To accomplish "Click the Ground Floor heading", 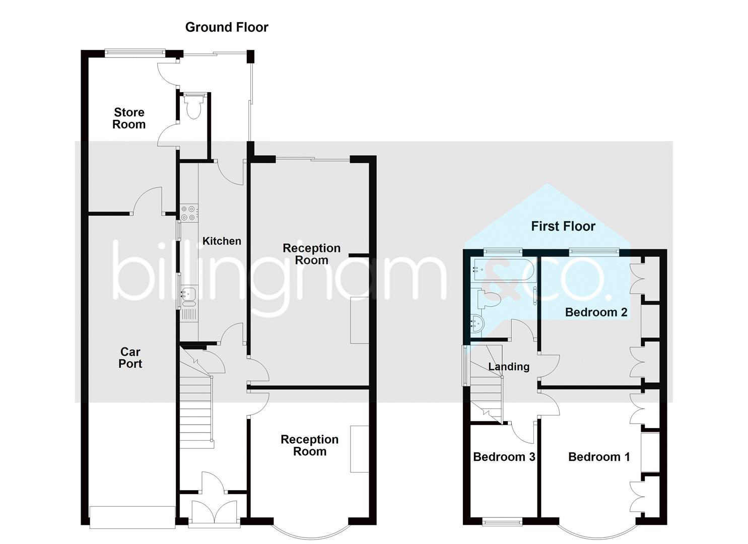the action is point(227,27).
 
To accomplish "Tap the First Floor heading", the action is point(563,226).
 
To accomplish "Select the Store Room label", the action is point(129,118).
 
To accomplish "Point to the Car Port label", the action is point(130,358).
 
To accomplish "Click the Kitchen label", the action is point(222,241).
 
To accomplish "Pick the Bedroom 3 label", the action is point(504,457).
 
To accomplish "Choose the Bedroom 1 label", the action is point(599,457).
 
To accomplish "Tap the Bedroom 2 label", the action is point(596,312).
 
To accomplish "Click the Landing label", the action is point(509,367).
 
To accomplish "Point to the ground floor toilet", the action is point(193,107).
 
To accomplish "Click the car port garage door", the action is point(132,517).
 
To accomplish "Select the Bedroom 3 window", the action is point(502,523).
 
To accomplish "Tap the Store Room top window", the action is point(135,51).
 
